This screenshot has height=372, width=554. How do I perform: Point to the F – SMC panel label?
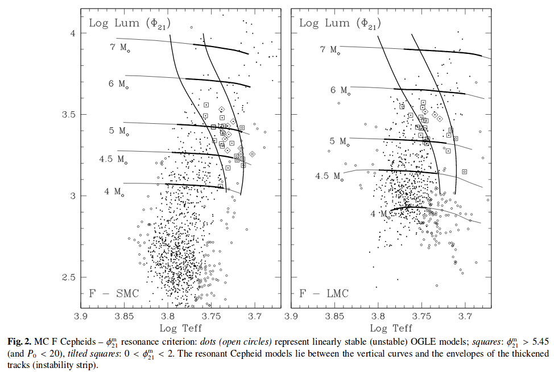(x=114, y=293)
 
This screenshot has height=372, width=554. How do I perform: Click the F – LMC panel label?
(x=324, y=293)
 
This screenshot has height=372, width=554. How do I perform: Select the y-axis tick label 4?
(x=72, y=33)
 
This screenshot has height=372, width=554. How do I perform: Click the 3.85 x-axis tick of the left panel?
(x=124, y=316)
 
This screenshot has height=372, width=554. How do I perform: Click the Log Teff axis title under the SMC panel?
(x=180, y=328)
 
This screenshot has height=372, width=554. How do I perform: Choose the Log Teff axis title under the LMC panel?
(x=391, y=328)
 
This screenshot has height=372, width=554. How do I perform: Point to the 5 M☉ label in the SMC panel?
(x=119, y=131)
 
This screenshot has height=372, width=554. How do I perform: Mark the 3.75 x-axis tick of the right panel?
(x=421, y=316)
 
